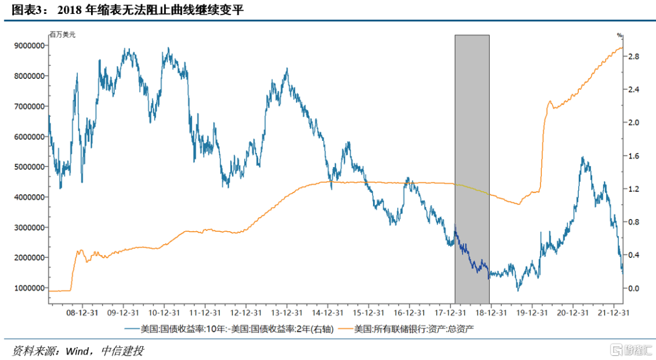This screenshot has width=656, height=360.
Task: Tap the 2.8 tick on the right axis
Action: point(634,56)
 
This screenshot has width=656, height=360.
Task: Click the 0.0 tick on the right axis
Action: point(634,288)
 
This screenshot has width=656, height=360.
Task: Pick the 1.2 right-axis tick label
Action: point(634,189)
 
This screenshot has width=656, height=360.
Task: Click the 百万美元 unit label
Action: point(63,35)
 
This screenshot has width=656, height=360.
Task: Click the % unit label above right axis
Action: point(620,35)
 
